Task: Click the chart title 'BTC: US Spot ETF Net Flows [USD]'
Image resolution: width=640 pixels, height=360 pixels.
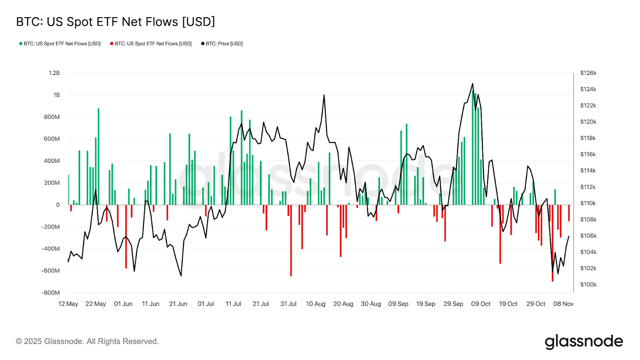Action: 115,22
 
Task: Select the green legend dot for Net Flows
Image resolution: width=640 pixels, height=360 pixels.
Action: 21,44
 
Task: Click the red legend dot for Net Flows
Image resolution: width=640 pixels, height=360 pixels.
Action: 112,44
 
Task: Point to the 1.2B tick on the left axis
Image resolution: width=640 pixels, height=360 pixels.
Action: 54,73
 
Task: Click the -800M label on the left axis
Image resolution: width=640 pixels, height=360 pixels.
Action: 50,292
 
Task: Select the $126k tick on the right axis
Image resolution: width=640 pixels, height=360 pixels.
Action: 588,73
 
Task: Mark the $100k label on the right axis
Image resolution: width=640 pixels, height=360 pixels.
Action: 588,284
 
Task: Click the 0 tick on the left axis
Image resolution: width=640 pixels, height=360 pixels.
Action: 58,205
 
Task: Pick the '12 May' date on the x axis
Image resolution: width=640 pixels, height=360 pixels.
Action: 68,304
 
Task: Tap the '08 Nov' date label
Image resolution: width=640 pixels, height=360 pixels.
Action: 563,304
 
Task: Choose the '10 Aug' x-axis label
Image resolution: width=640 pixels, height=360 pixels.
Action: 316,304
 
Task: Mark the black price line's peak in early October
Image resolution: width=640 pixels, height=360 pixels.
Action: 472,84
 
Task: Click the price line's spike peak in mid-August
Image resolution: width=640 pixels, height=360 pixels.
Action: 324,95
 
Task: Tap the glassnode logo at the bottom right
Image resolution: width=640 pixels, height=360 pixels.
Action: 584,342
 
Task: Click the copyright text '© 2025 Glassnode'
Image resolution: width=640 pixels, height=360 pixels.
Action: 87,341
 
